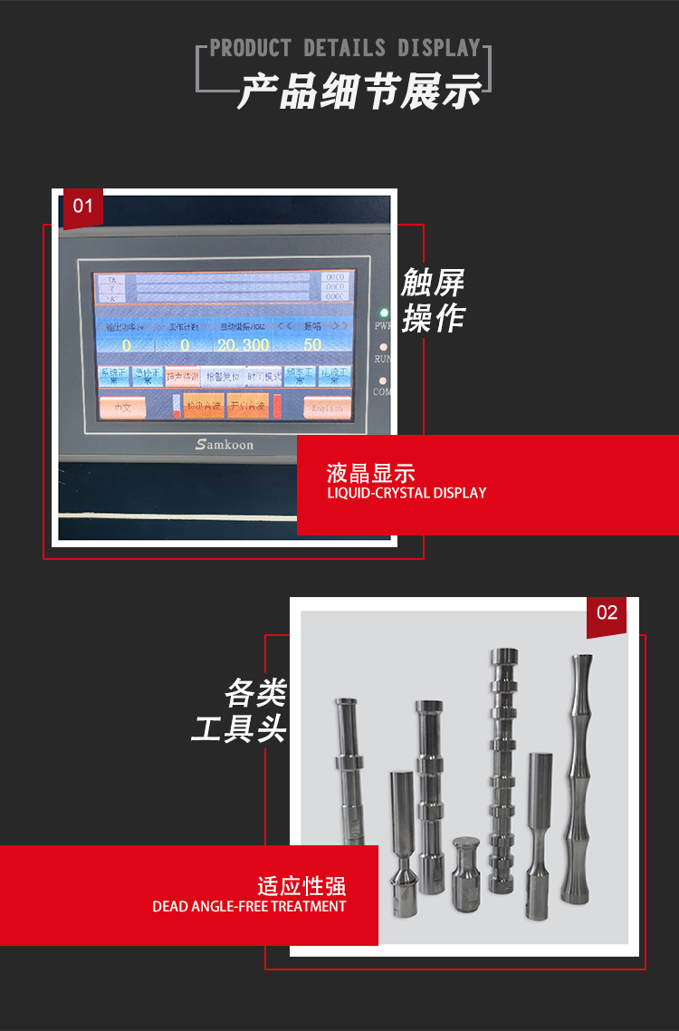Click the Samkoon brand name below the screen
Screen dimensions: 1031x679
pos(225,444)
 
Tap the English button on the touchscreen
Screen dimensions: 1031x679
pos(327,408)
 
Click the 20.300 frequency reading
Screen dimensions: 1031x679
pos(243,345)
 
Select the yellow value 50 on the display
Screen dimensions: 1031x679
pos(312,345)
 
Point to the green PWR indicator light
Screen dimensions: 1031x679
pos(384,313)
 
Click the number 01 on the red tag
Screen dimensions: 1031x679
pos(82,207)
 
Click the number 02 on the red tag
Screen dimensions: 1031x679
pos(607,613)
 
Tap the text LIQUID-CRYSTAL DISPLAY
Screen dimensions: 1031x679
pos(406,494)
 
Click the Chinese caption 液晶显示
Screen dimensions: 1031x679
pos(371,473)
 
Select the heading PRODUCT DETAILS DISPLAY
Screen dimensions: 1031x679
pos(345,48)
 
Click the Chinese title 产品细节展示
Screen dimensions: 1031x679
pos(359,92)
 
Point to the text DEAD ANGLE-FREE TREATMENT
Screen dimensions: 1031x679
pos(249,906)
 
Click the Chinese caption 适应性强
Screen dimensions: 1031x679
pos(301,885)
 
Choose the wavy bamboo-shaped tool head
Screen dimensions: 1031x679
pos(577,779)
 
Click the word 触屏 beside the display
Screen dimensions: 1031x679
pos(433,284)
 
